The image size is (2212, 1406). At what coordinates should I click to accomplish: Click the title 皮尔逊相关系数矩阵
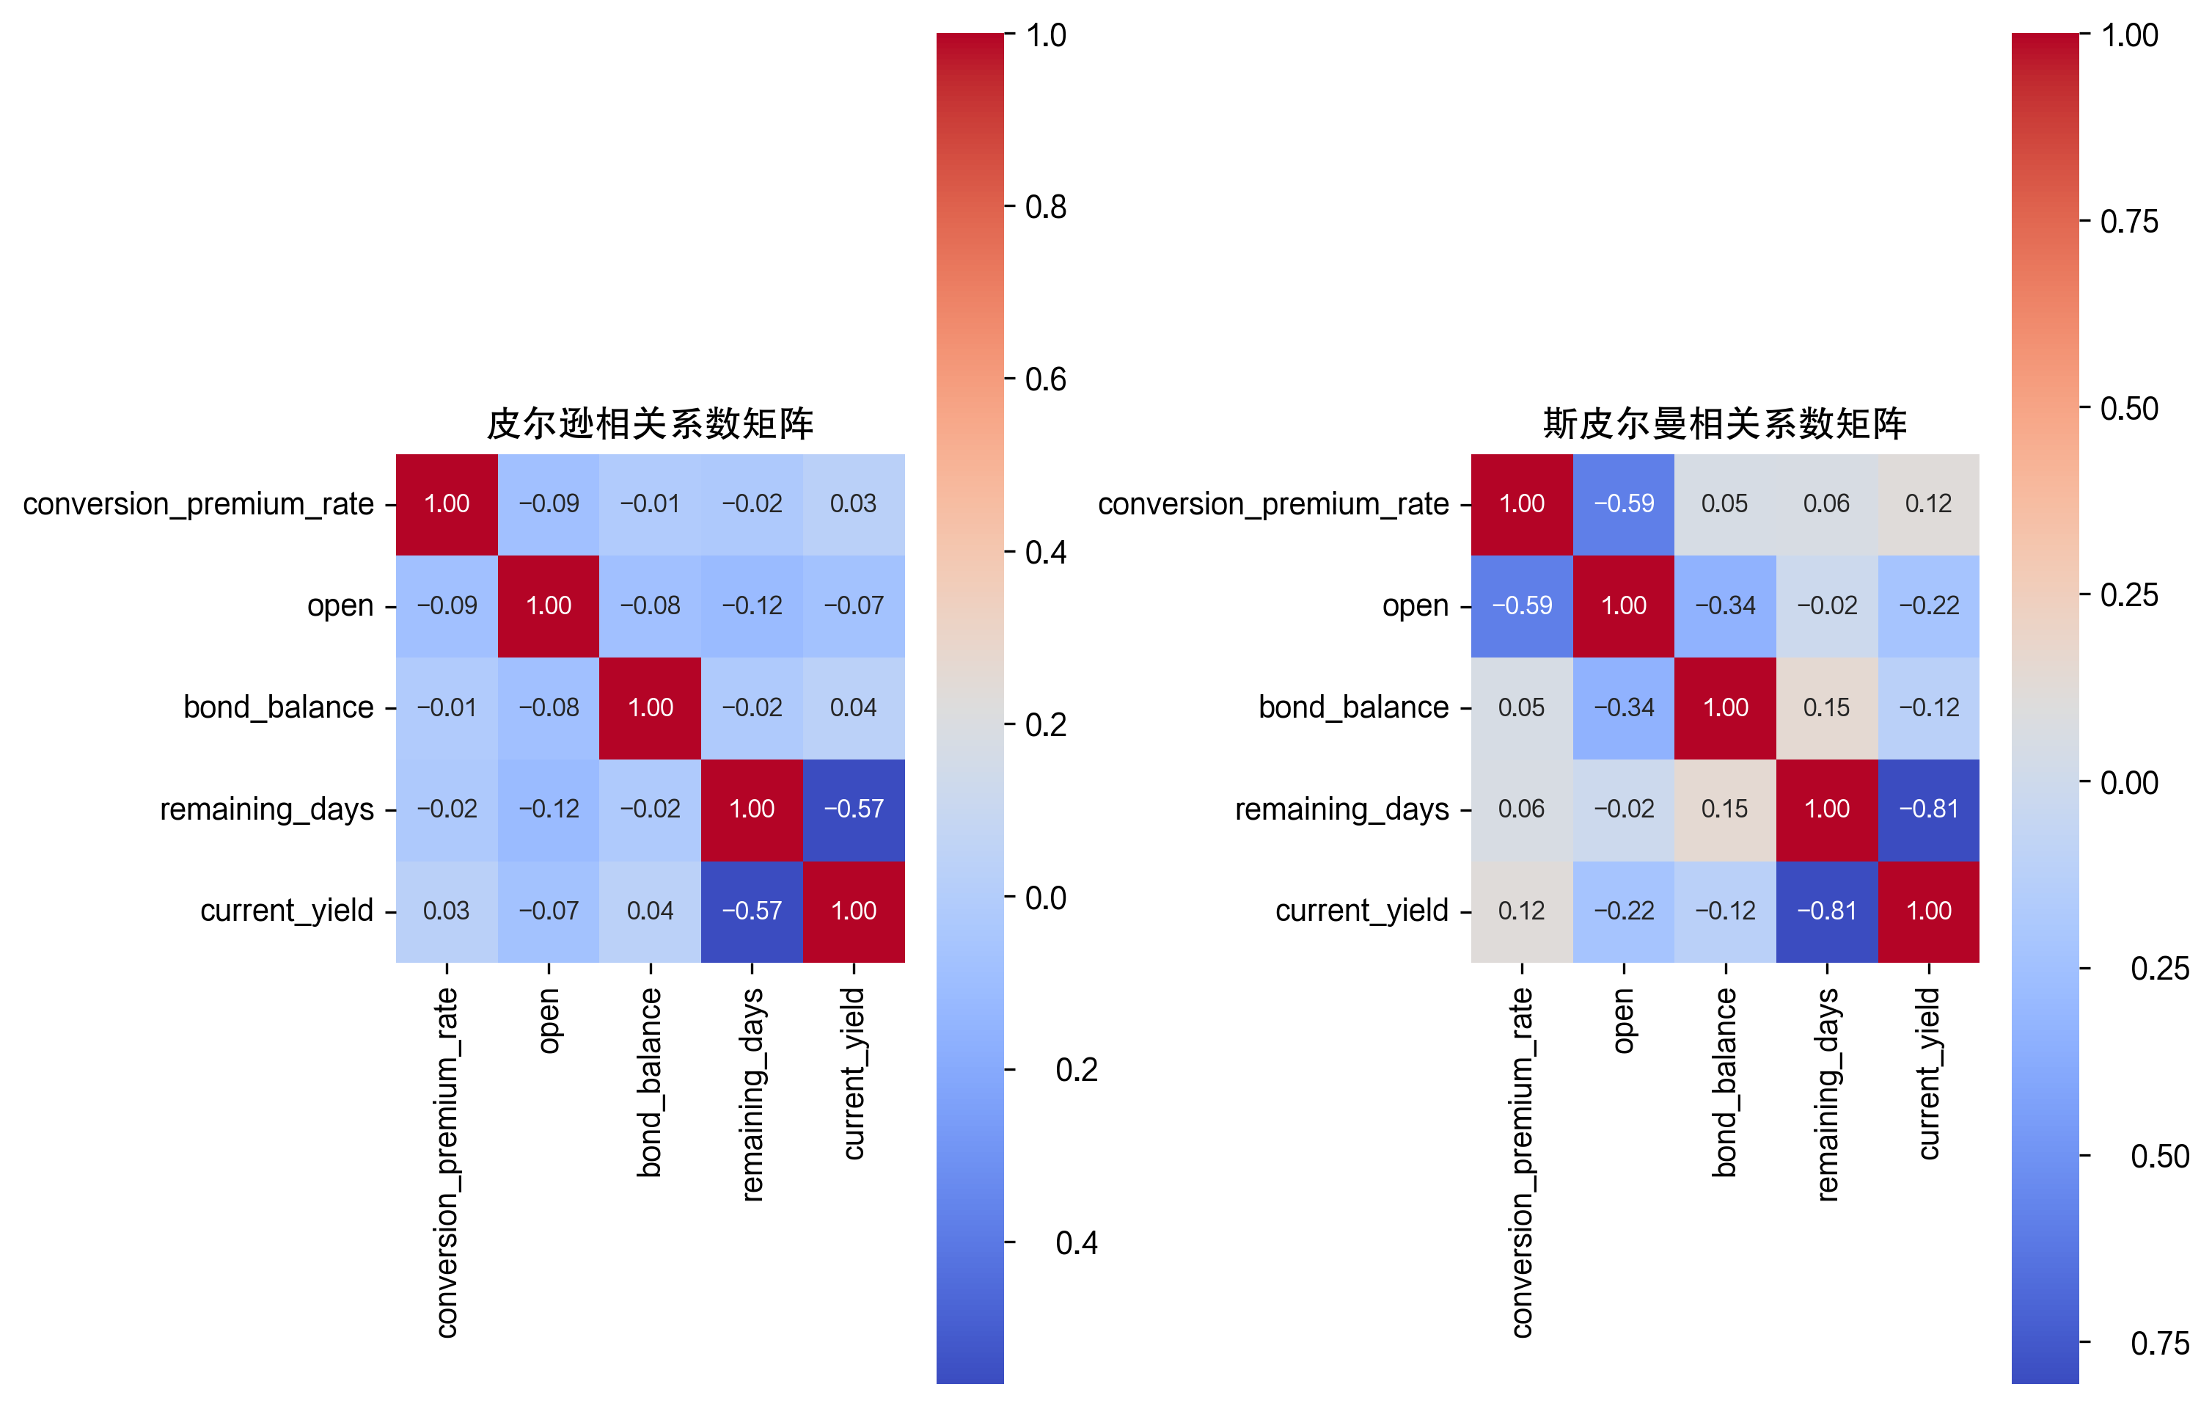tap(650, 423)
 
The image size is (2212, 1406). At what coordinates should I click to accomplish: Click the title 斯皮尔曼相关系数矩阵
tap(1724, 423)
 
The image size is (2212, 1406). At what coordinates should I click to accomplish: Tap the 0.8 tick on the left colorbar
tap(1044, 207)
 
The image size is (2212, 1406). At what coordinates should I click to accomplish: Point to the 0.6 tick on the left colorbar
tap(1044, 379)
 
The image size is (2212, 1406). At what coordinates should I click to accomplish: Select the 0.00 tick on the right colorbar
tap(2128, 782)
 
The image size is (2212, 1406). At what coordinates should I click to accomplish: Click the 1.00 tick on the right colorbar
tap(2128, 35)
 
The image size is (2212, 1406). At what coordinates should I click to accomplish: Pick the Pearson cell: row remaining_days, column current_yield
tap(854, 809)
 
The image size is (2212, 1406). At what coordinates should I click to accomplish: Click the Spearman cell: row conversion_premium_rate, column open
tap(1623, 503)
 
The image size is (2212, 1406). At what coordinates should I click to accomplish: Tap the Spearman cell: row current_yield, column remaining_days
tap(1826, 911)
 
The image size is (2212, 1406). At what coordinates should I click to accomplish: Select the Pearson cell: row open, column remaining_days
tap(752, 605)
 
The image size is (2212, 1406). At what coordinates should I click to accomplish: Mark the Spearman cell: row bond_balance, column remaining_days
tap(1826, 707)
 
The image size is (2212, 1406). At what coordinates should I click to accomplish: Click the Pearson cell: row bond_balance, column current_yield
tap(854, 707)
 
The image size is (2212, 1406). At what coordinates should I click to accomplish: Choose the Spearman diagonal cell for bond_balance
tap(1725, 707)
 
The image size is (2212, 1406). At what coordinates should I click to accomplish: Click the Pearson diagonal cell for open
tap(549, 605)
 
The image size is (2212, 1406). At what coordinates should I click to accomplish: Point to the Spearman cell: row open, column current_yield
tap(1928, 605)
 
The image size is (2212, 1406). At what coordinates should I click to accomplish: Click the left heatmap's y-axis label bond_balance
tap(279, 707)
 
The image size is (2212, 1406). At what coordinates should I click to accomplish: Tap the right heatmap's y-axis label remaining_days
tap(1341, 809)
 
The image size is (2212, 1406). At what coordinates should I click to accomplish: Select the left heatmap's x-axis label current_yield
tap(854, 1074)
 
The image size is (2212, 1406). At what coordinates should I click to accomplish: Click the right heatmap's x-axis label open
tap(1623, 1020)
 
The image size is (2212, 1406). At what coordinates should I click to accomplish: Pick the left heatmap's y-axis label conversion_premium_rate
tap(199, 503)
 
